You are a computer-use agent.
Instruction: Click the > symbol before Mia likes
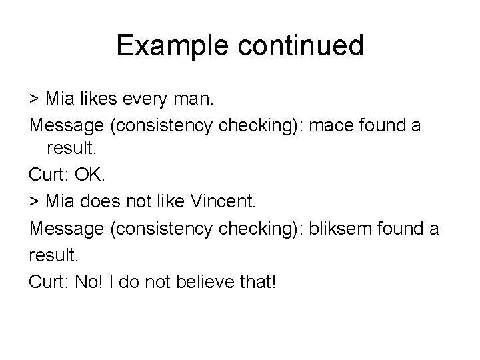(34, 100)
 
